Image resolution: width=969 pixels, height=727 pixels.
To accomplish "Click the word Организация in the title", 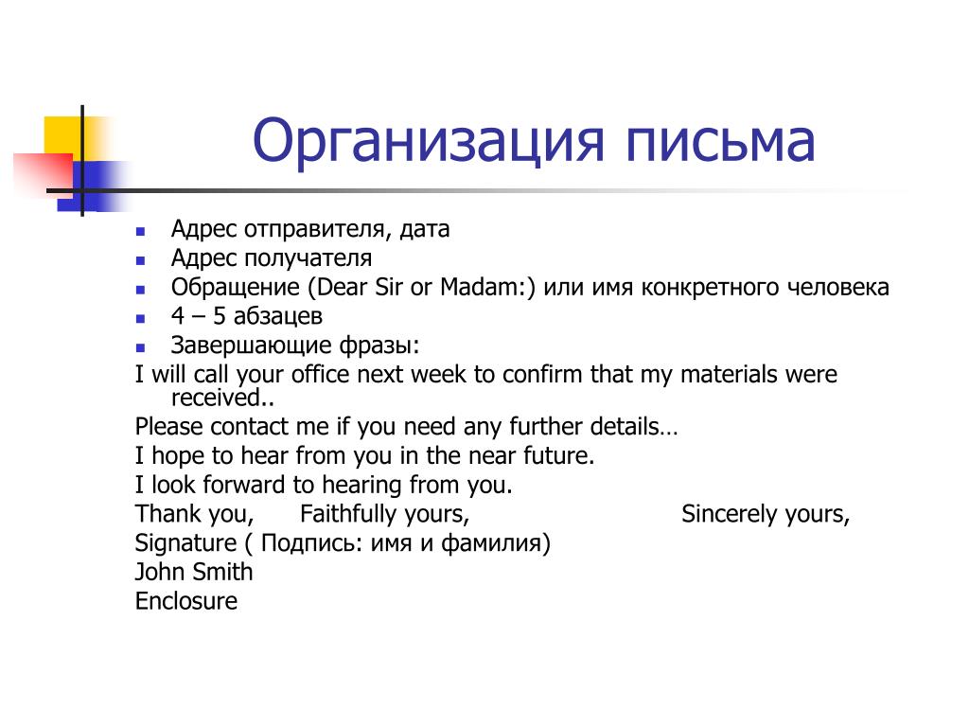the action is (x=428, y=142).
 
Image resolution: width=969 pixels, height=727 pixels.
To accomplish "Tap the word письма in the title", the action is (x=720, y=142).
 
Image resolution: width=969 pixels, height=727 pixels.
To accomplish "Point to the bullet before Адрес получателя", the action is (x=140, y=261).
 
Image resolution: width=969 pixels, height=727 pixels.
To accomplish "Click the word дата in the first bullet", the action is (x=425, y=229).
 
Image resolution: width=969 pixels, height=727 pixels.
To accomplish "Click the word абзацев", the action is (x=277, y=316).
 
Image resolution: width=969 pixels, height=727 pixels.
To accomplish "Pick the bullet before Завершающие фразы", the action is (x=140, y=348).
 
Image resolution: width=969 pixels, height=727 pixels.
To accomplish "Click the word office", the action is (x=320, y=374).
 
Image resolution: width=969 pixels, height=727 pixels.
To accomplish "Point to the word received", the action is (x=216, y=399).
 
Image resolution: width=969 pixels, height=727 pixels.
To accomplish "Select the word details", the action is (x=625, y=427).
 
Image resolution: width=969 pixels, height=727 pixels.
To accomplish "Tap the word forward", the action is (x=243, y=485).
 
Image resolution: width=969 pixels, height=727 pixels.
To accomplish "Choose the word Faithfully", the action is (x=348, y=514).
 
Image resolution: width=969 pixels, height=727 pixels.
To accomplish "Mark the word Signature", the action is (x=186, y=543).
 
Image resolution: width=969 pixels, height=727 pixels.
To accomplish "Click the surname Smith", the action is (x=220, y=572).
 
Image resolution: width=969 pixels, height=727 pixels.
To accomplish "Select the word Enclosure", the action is (x=186, y=601).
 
